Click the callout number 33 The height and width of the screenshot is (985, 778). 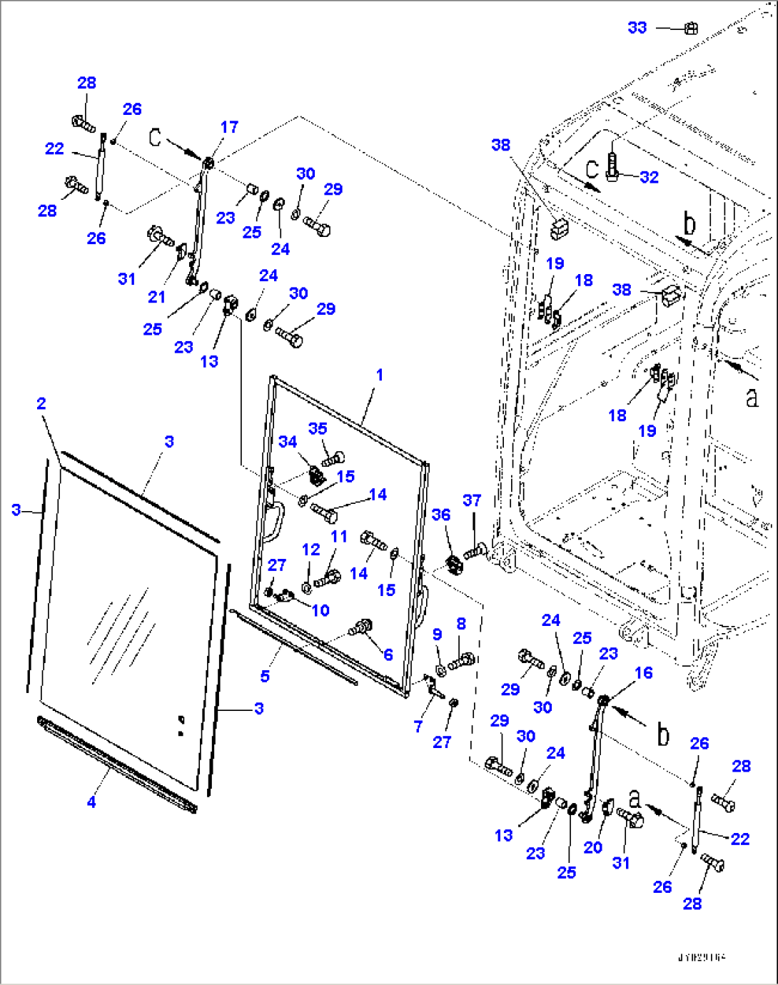pos(637,28)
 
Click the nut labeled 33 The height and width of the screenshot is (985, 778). pos(690,29)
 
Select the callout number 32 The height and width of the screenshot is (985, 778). pos(649,177)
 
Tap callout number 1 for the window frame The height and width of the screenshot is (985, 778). pos(380,375)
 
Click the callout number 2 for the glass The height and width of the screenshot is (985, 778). pos(41,403)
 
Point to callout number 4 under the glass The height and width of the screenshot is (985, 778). pos(91,802)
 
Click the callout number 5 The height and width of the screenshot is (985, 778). pos(265,676)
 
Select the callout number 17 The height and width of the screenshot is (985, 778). pos(229,127)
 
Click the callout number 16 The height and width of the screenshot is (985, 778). pos(643,673)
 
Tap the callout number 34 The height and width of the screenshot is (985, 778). pos(288,442)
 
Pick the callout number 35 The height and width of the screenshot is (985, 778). pos(318,428)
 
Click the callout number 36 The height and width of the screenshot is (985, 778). pos(441,515)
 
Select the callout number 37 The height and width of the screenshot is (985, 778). pos(472,500)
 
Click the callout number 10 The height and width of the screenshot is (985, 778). pos(320,610)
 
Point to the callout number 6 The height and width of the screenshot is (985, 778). pos(388,655)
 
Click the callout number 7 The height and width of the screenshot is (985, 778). pos(418,726)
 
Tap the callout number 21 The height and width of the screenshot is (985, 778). pos(156,297)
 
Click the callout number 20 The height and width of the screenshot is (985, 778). pos(592,847)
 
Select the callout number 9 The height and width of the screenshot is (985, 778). pos(437,634)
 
